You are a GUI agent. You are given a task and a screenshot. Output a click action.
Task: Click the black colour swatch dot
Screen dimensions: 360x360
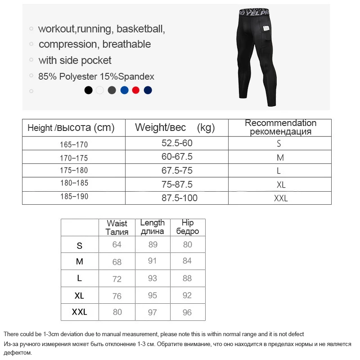(89, 90)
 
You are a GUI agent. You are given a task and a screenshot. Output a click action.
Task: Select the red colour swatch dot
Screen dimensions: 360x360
(136, 90)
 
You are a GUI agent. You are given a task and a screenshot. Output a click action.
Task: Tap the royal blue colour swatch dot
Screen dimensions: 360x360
(124, 90)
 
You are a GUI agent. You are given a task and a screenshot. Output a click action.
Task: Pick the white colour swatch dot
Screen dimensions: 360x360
(100, 90)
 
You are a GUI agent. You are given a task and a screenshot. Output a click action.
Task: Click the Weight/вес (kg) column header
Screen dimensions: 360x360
(175, 128)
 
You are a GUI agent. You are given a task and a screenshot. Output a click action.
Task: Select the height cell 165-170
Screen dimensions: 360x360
(74, 145)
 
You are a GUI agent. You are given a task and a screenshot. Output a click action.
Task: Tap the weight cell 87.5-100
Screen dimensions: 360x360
(180, 198)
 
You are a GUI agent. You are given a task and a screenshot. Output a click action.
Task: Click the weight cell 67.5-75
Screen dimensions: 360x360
(177, 171)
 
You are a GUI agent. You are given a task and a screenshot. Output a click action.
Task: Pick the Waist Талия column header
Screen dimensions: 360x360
(117, 228)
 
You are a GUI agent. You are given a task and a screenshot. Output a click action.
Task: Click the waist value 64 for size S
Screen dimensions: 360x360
(117, 244)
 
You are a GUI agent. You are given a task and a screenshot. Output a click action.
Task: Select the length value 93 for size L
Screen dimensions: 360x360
(153, 278)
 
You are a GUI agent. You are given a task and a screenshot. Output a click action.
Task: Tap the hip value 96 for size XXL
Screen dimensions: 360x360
(187, 312)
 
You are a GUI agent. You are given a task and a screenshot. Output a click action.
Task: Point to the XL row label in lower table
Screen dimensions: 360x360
(80, 296)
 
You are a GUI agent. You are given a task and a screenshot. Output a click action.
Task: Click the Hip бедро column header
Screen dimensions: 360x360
(188, 227)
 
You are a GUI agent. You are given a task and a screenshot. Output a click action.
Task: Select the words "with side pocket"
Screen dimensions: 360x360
(75, 60)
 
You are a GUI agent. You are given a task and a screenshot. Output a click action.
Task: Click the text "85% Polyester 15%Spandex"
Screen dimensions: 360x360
(96, 76)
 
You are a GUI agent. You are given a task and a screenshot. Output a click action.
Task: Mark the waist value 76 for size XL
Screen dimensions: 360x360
(117, 296)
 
